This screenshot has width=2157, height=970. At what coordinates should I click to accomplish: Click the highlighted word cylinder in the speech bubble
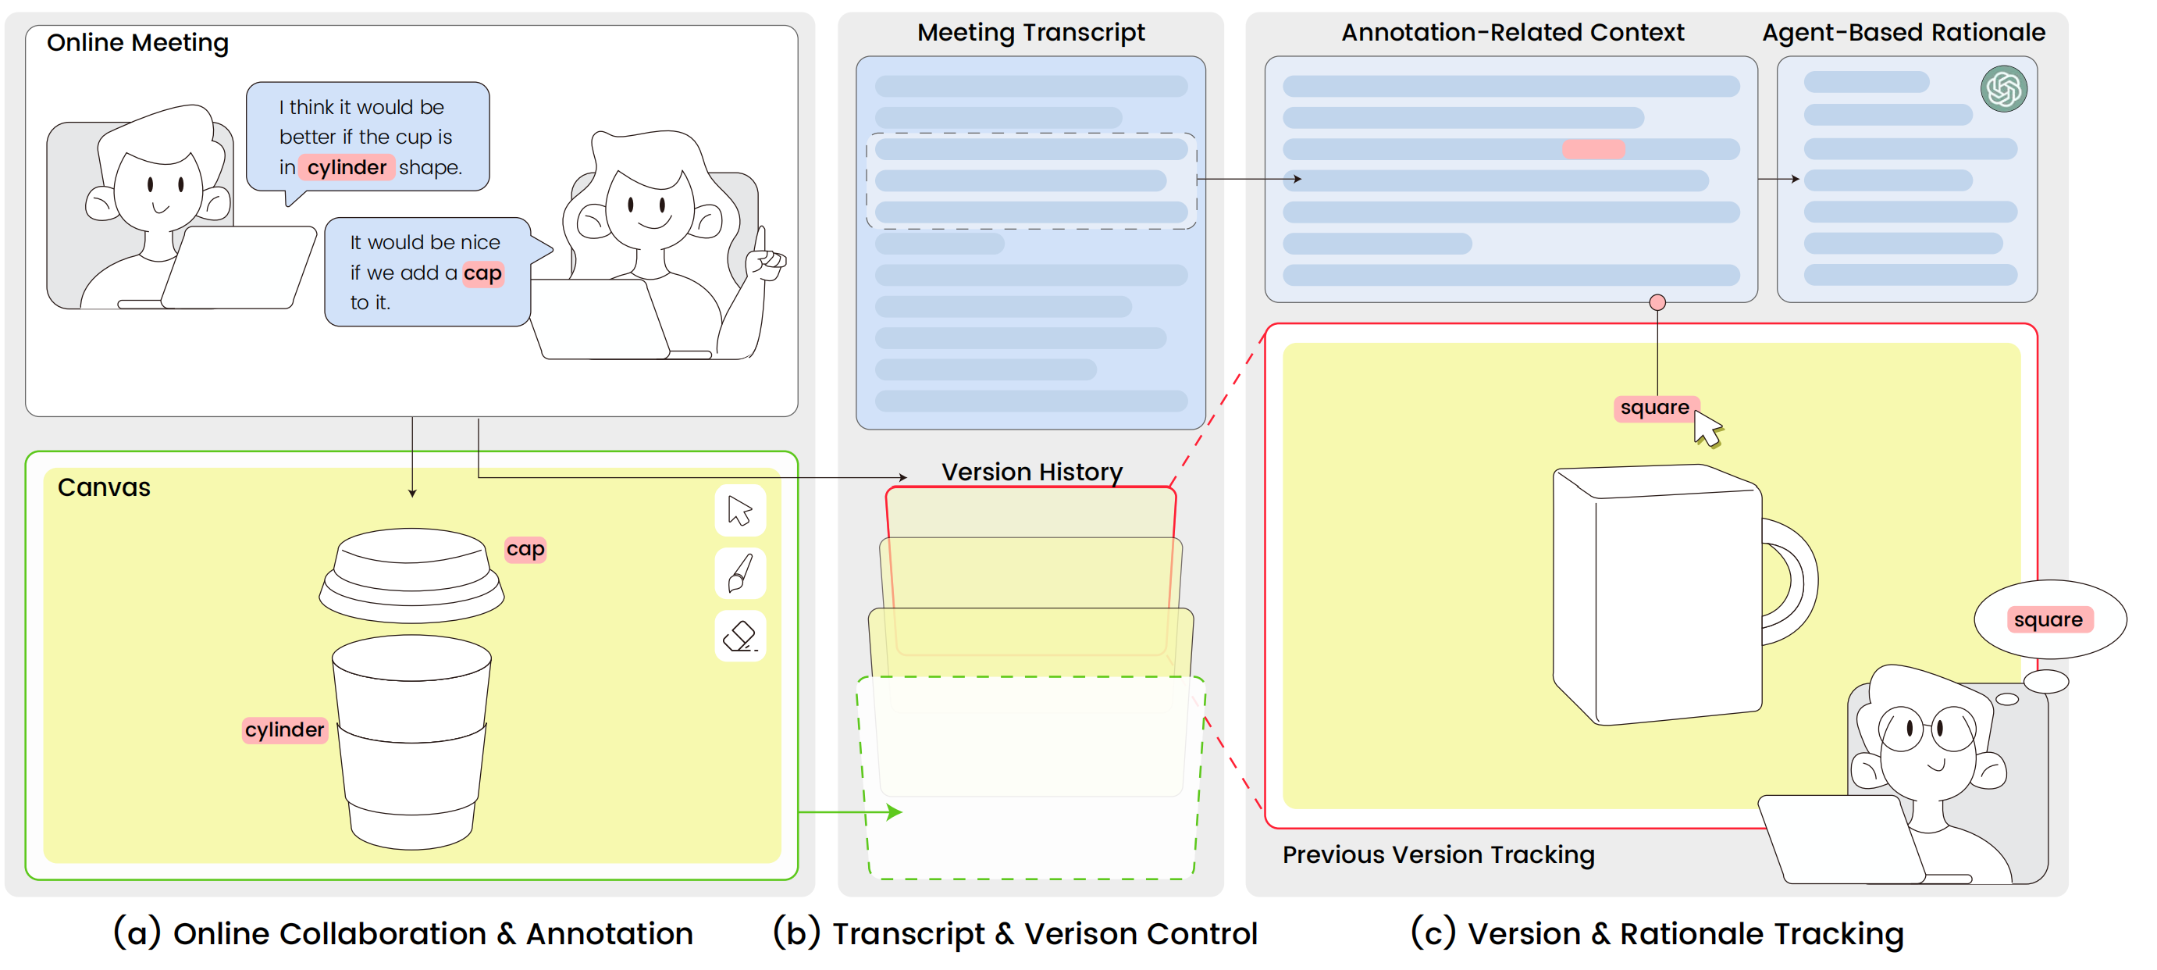click(x=346, y=168)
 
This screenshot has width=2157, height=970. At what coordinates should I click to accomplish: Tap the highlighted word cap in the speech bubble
click(x=482, y=273)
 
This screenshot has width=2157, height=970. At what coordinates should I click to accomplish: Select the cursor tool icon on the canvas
click(x=740, y=510)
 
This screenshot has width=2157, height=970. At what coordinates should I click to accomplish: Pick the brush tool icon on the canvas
click(x=740, y=574)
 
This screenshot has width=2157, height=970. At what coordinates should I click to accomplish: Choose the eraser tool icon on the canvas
click(x=740, y=636)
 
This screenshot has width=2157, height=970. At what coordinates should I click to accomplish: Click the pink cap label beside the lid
click(x=525, y=549)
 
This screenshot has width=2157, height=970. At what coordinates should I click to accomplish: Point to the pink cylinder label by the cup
click(x=284, y=729)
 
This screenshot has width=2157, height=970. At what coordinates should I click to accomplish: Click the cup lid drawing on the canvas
click(x=411, y=574)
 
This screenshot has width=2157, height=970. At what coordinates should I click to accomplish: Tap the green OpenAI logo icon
click(x=2003, y=89)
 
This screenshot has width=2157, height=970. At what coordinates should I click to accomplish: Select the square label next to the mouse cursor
click(x=1653, y=408)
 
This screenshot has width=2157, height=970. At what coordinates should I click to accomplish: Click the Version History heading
click(x=1031, y=472)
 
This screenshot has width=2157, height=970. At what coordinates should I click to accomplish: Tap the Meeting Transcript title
click(x=1030, y=33)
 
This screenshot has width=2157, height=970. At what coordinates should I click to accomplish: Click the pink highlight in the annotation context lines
click(x=1593, y=149)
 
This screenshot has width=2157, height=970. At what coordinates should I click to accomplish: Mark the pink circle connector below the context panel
click(x=1657, y=302)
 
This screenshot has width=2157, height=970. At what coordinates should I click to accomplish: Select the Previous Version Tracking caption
click(x=1438, y=854)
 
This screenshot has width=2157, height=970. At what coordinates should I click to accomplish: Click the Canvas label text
click(x=104, y=487)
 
